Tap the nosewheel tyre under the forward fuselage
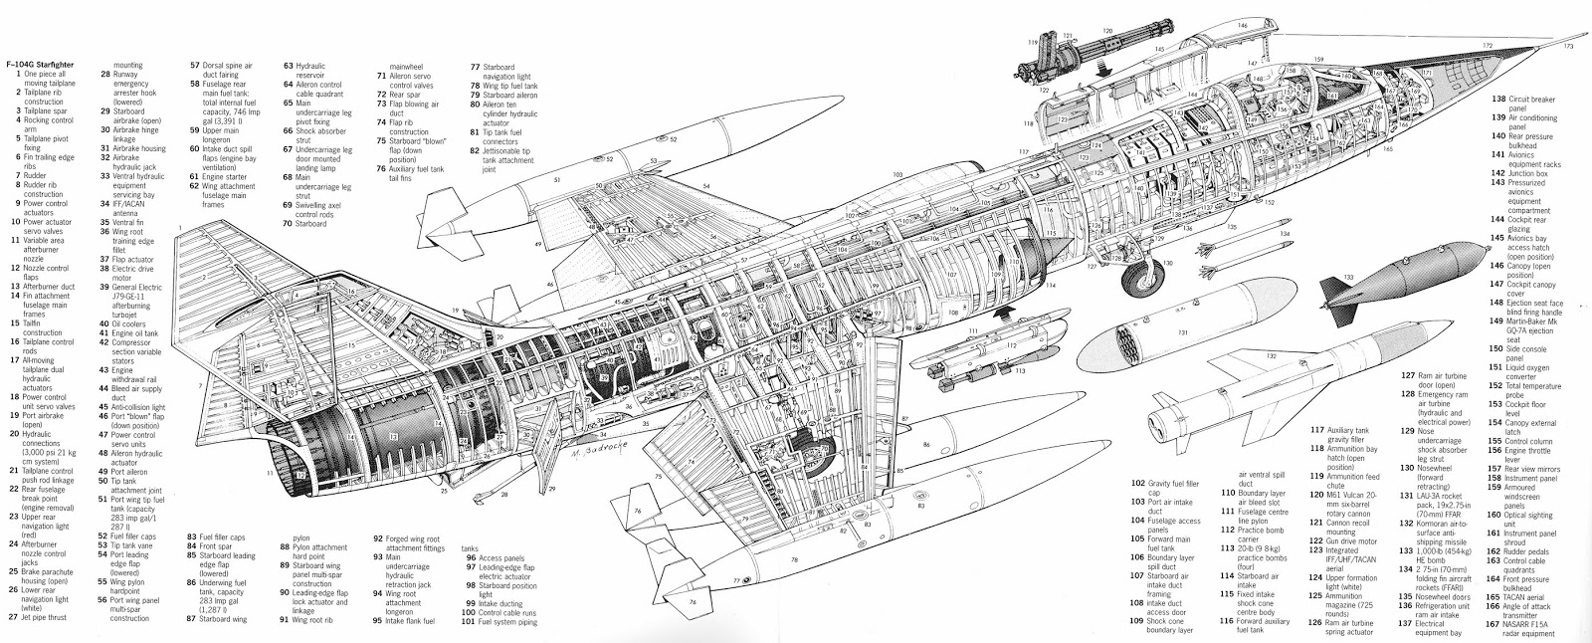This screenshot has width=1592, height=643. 1142,282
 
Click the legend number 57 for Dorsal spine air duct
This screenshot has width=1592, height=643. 195,65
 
